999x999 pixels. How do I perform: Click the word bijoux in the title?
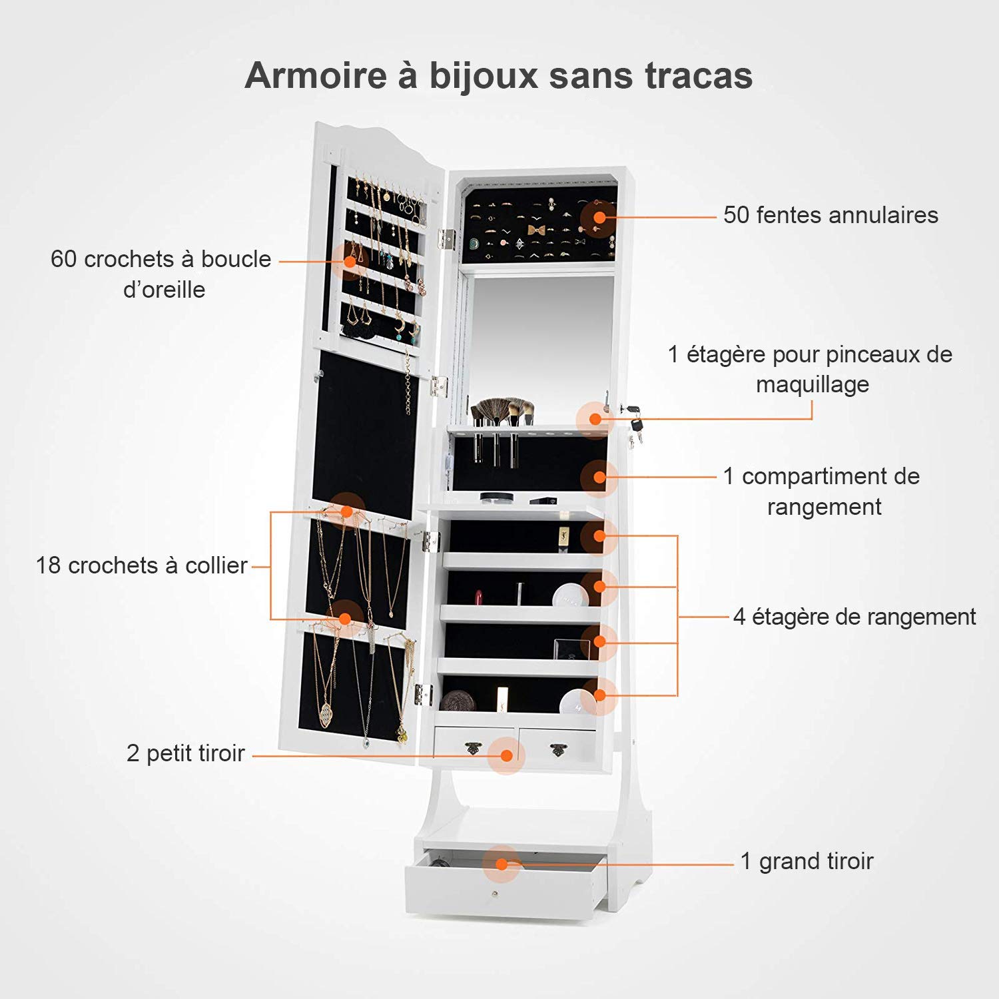[x=483, y=75]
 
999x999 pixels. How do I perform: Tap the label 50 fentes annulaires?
[x=831, y=215]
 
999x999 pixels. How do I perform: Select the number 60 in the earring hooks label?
[x=64, y=259]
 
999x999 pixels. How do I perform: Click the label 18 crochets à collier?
[x=141, y=565]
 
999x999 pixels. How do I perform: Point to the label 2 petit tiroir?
[x=185, y=753]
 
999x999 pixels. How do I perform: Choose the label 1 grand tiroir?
[x=807, y=861]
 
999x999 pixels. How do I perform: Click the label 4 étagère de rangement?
[x=854, y=617]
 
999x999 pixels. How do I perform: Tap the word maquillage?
[x=813, y=384]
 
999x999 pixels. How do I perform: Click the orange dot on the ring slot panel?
[x=599, y=217]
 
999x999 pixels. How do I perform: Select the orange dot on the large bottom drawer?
[x=502, y=864]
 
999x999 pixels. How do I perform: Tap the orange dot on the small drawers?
[x=506, y=755]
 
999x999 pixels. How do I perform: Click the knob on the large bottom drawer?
[x=495, y=893]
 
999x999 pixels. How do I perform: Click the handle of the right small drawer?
[x=558, y=750]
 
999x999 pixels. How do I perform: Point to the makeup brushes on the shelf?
[x=501, y=412]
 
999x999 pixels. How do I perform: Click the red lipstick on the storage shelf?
[x=478, y=595]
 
